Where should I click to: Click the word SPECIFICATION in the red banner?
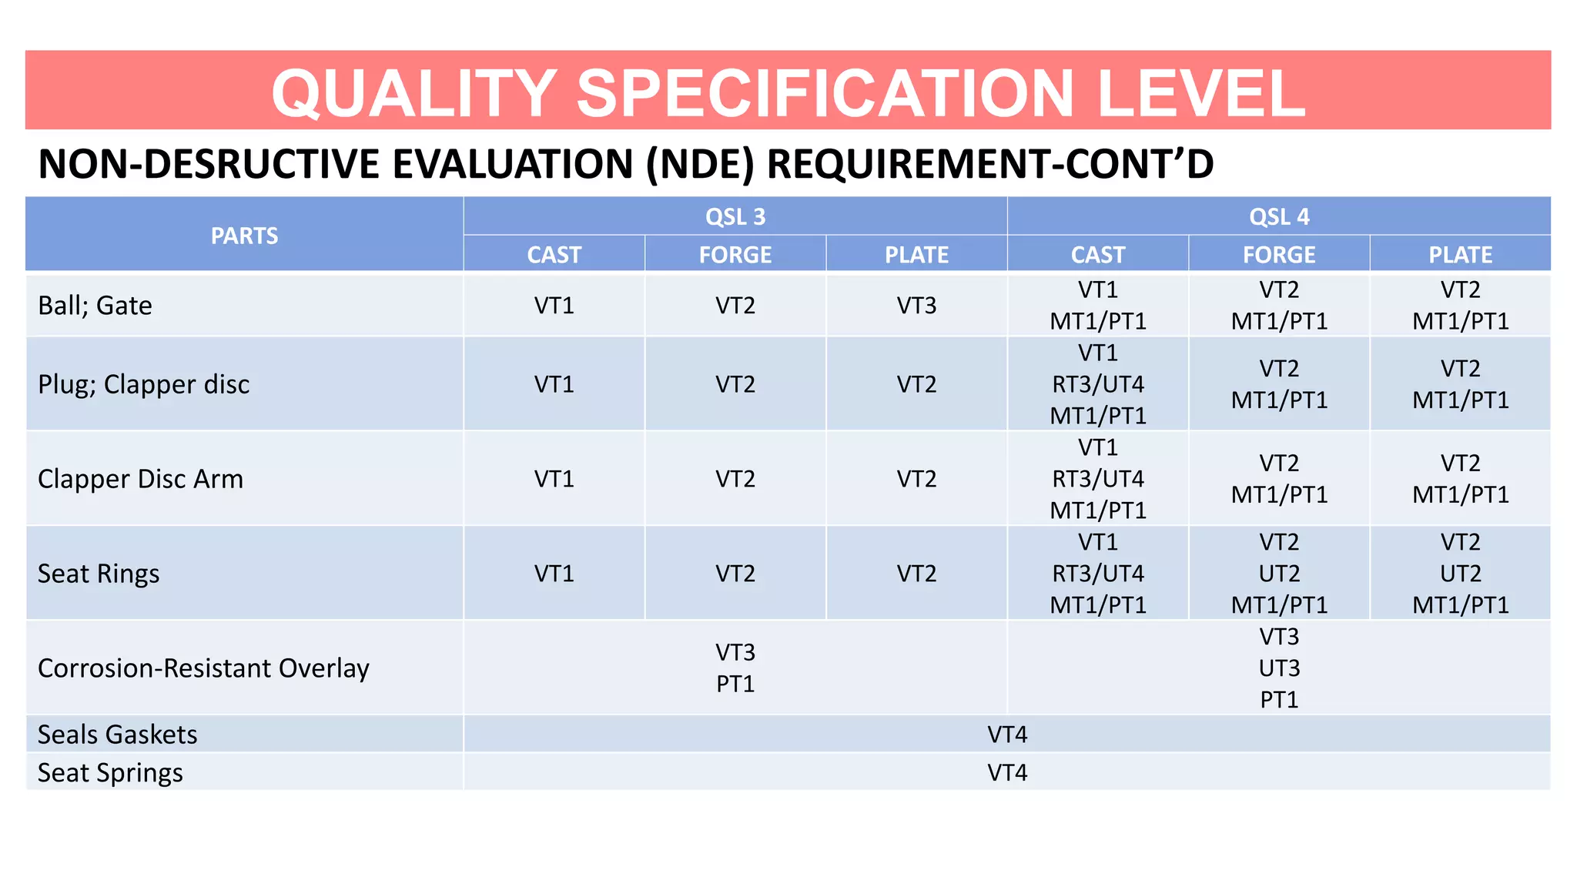(x=825, y=93)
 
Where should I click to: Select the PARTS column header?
(x=244, y=236)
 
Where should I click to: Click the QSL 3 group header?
(x=735, y=217)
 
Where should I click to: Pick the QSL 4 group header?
(x=1279, y=217)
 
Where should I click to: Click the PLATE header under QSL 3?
(x=916, y=255)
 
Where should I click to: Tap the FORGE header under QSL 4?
(x=1279, y=255)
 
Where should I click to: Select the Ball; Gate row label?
(x=95, y=306)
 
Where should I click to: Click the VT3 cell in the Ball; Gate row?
(x=916, y=306)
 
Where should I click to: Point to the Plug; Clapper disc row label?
(x=143, y=384)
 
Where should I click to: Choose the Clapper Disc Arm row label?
(x=140, y=479)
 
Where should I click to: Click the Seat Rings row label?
(x=99, y=574)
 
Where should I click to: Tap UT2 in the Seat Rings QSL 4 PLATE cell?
(x=1460, y=574)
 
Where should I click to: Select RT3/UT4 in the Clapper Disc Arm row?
(x=1098, y=479)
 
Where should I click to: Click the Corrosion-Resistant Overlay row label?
(x=203, y=668)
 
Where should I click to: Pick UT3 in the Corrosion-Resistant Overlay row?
(x=1279, y=668)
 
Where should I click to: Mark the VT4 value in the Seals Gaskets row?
(x=1007, y=735)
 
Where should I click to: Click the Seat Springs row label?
(x=110, y=772)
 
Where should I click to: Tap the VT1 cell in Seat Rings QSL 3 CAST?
(x=554, y=574)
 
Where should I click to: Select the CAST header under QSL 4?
(x=1098, y=255)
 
